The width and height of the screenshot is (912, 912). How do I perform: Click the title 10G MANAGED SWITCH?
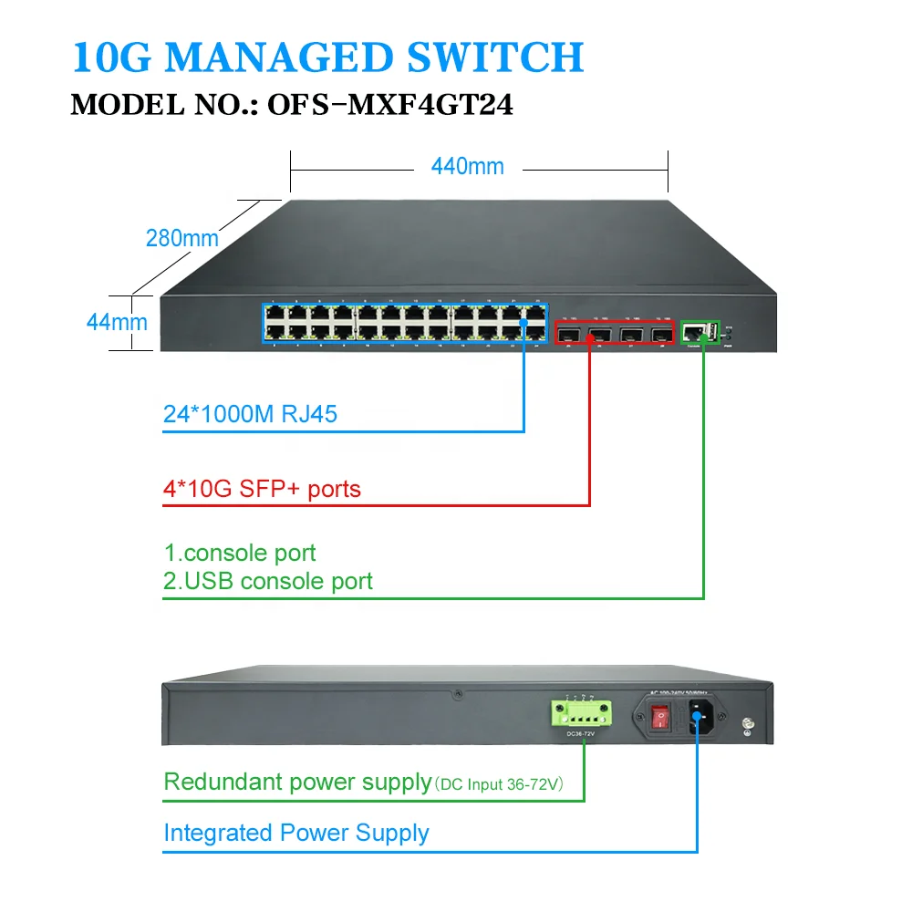coord(327,57)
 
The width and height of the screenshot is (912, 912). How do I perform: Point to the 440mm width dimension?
coord(467,166)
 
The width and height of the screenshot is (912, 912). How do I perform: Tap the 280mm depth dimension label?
coord(182,238)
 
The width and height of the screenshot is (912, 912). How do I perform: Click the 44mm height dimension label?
coord(117,322)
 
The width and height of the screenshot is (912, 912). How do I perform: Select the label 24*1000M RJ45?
coord(250,414)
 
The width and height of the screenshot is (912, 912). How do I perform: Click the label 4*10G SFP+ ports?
coord(262,489)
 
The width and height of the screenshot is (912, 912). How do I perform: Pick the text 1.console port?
coord(240,553)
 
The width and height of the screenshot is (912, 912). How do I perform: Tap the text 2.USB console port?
coord(268,581)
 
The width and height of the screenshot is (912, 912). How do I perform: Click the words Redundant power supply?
coord(297,782)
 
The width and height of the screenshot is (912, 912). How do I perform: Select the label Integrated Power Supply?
coord(295,833)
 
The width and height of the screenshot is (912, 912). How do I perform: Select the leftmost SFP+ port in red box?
coord(568,334)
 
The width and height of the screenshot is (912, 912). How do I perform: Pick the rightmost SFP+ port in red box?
coord(658,334)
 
